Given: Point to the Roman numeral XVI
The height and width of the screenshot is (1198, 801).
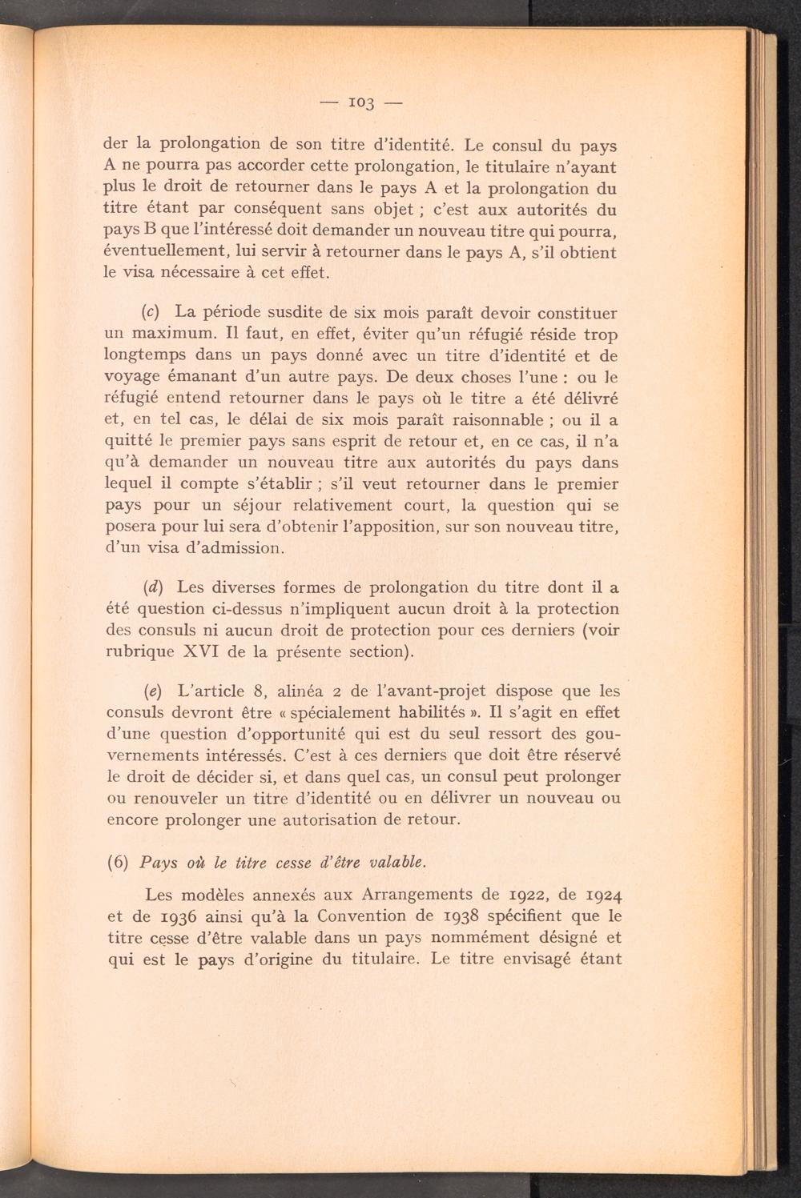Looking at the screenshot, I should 208,651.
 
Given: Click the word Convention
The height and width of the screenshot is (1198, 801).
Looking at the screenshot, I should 381,916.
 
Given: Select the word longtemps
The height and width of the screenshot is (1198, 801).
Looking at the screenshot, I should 146,356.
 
